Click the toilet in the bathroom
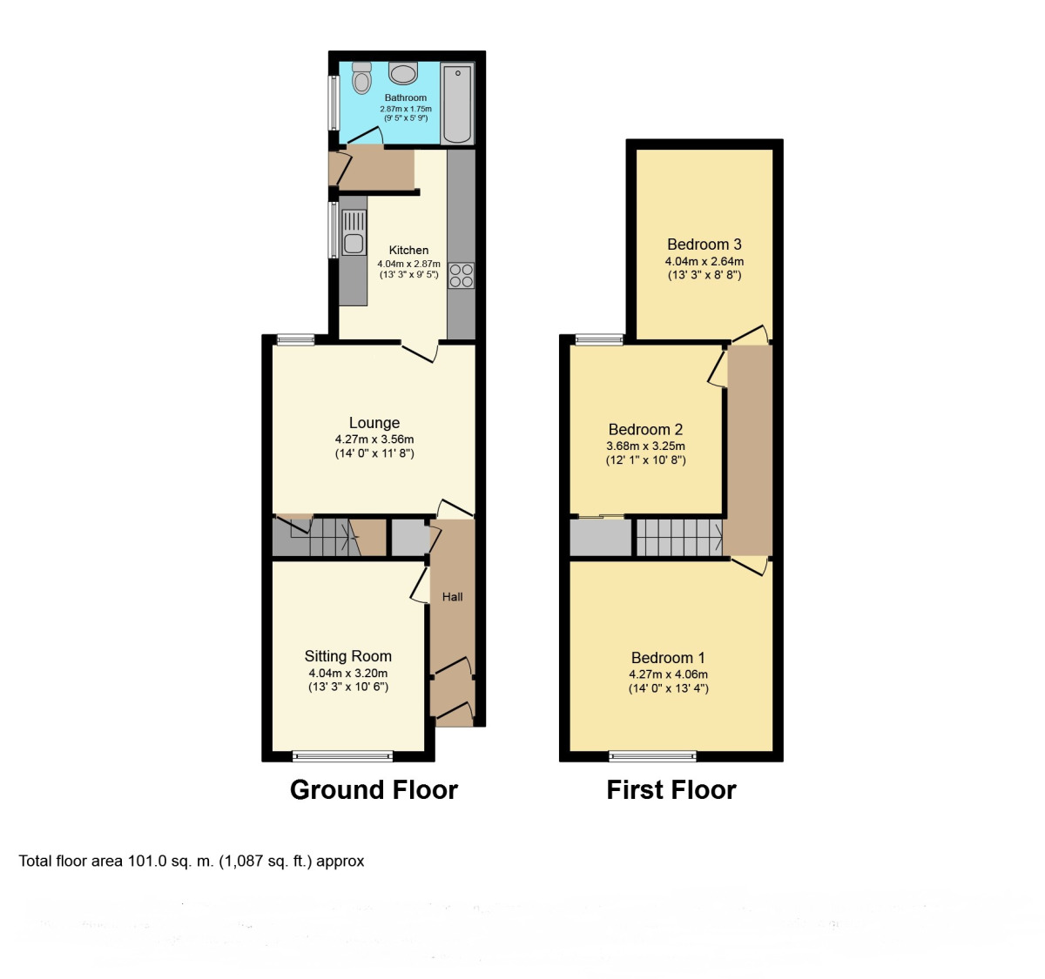coord(361,78)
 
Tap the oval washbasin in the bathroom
coord(403,73)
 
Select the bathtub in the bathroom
coord(457,103)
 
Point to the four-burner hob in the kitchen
coord(461,276)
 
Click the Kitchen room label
coord(408,250)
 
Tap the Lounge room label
coord(374,423)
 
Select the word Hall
coord(452,597)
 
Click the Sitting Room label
coord(347,656)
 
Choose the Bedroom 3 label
coord(704,245)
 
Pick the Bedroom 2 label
coord(645,429)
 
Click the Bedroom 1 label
coord(668,658)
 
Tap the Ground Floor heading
coord(374,789)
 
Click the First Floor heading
coord(671,789)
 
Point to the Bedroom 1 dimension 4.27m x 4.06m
coord(668,674)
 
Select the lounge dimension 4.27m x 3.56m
coord(374,439)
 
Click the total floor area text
coord(192,861)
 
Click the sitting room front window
coord(341,755)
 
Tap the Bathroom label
coord(406,97)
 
